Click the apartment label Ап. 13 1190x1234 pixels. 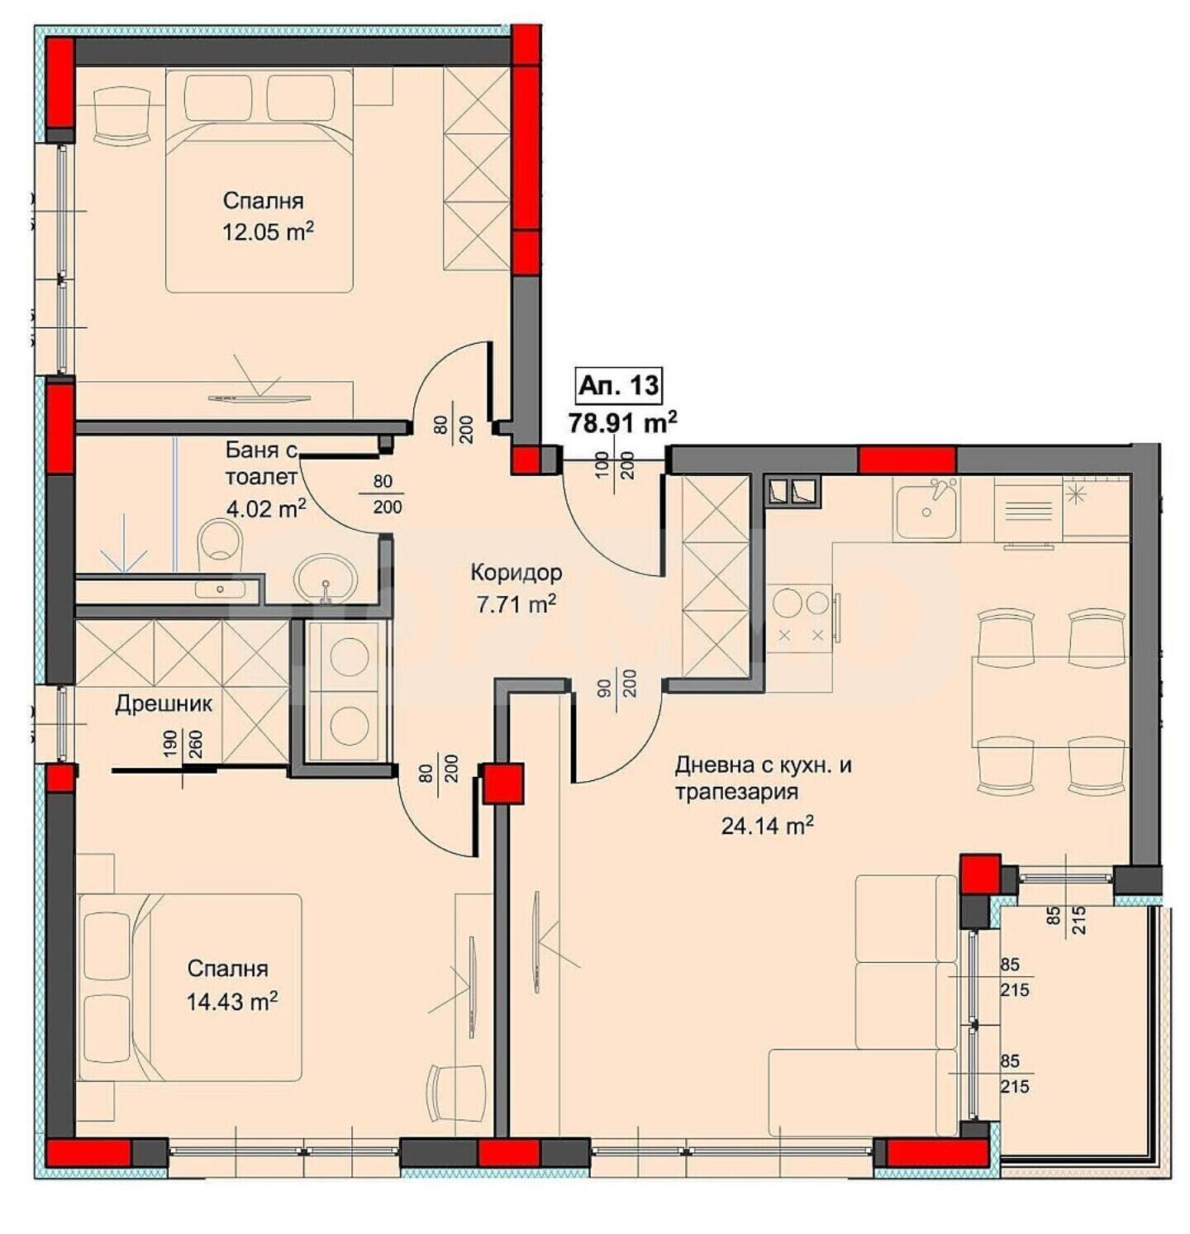(x=619, y=385)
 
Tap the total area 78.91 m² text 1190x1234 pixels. (x=622, y=422)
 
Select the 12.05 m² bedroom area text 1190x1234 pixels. (x=268, y=231)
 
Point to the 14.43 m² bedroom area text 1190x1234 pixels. (x=231, y=1002)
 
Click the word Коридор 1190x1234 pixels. (x=516, y=572)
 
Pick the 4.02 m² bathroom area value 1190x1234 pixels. (x=266, y=507)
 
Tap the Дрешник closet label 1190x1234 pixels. (x=164, y=704)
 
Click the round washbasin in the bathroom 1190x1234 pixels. (x=326, y=575)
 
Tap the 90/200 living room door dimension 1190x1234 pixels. (x=616, y=683)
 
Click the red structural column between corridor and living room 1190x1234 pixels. (x=503, y=783)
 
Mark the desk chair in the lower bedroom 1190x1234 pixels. (x=457, y=1093)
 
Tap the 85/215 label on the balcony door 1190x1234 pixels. (x=1065, y=920)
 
